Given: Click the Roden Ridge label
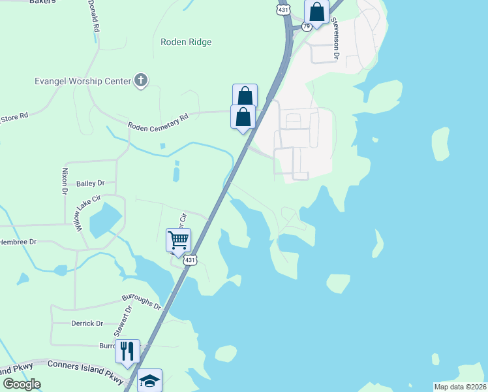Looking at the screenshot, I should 186,42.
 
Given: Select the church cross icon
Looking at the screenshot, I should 140,81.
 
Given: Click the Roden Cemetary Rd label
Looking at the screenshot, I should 157,120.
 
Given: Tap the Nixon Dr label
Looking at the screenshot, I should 65,182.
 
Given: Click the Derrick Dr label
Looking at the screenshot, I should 87,323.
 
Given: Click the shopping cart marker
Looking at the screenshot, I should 178,240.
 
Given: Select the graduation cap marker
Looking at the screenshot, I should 149,380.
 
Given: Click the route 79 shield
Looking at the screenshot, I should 305,27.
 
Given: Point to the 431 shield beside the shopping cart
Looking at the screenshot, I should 189,260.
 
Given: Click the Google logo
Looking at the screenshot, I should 22,384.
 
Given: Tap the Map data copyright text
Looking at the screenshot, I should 460,387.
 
